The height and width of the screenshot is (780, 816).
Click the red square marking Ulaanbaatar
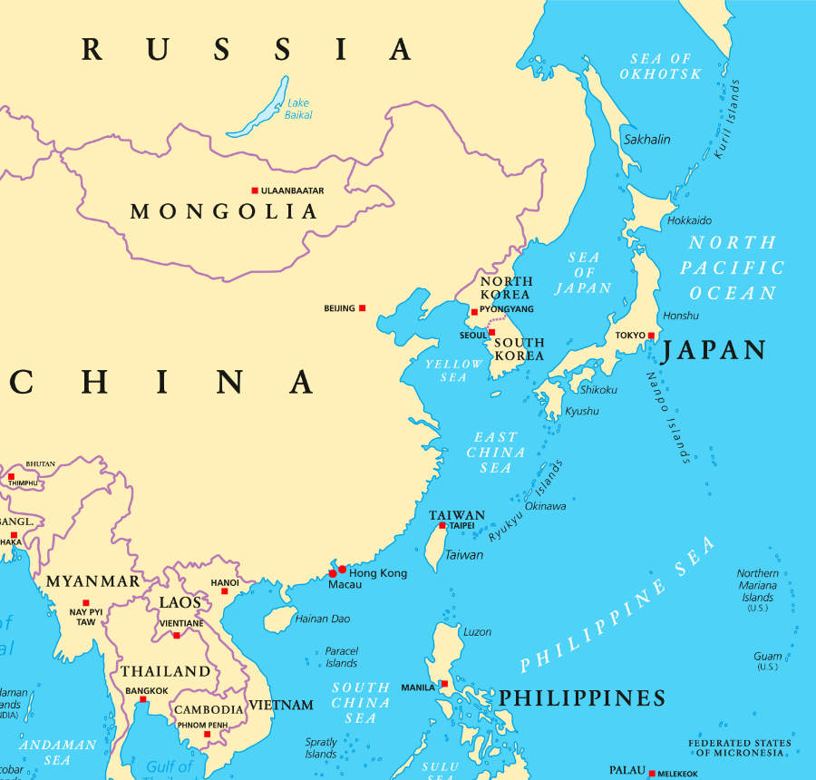255,190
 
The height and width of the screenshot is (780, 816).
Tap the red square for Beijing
362,308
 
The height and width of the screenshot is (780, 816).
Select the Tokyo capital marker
651,336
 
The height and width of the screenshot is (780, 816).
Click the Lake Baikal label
298,109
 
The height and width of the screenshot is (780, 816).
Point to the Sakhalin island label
646,139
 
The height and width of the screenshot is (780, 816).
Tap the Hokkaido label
689,220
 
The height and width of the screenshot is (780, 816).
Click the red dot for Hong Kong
342,569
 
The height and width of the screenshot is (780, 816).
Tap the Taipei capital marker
442,526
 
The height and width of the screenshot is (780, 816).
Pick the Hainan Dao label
322,619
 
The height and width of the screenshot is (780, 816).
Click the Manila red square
444,684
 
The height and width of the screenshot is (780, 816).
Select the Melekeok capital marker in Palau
652,773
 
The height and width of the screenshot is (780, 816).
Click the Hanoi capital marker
225,591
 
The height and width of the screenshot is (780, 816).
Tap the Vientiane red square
177,635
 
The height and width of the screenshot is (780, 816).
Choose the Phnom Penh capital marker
207,734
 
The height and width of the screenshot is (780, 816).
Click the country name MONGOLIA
224,211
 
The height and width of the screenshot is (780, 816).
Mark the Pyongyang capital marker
473,312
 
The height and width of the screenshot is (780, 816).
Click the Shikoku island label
598,389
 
